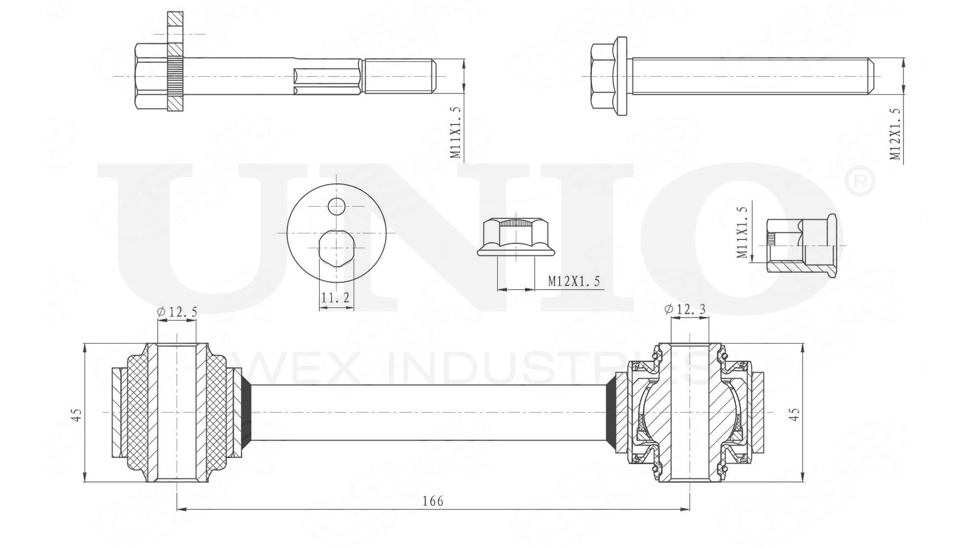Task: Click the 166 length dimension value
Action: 433,501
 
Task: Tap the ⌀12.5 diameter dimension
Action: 177,312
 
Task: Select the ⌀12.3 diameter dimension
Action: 685,309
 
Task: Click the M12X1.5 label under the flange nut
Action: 574,281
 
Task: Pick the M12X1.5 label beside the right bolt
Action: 896,134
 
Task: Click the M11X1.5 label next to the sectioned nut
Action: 742,232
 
